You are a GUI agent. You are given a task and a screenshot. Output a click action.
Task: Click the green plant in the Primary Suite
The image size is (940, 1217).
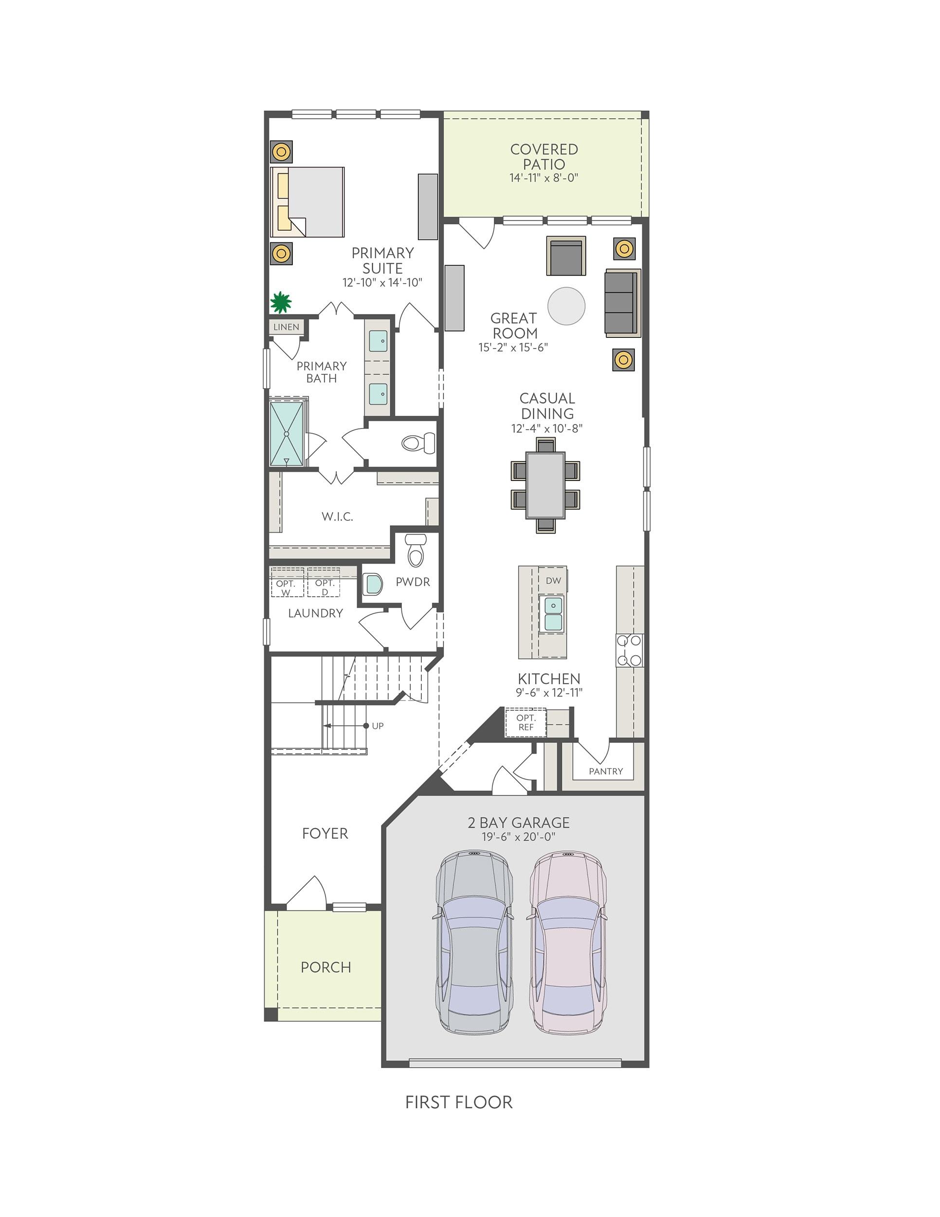(281, 303)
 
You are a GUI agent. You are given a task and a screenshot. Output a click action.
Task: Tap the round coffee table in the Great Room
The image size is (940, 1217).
(566, 305)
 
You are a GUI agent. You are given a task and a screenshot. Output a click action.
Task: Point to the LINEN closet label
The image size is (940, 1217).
(286, 327)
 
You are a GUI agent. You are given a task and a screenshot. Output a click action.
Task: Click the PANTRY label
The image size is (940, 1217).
(606, 771)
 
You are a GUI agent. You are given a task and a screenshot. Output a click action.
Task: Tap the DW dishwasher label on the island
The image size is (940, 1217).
(553, 581)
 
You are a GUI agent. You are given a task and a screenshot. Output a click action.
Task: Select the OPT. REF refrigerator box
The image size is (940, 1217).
(525, 723)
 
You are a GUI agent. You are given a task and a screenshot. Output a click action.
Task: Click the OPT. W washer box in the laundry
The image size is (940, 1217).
(287, 583)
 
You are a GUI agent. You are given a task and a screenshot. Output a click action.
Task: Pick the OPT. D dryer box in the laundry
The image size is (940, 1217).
(324, 583)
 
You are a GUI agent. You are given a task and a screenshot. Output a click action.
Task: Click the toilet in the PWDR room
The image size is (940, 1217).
(416, 550)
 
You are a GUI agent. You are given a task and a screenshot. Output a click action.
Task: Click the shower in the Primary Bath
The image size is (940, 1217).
(287, 434)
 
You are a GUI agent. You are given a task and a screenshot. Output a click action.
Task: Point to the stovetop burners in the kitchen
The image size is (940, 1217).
(629, 650)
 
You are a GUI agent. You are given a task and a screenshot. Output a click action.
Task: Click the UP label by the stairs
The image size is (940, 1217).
(378, 726)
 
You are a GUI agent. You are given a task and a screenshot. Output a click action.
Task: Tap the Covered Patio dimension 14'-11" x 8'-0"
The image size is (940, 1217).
(544, 178)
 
